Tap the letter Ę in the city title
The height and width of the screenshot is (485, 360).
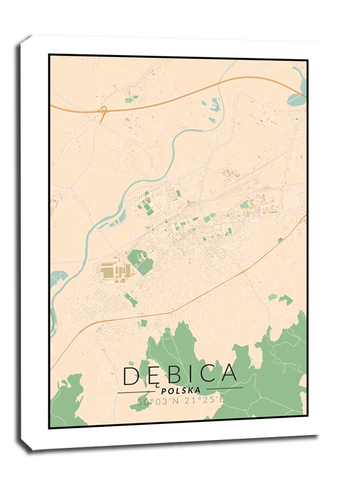[x=154, y=375]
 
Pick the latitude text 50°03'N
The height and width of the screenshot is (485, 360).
[x=155, y=402]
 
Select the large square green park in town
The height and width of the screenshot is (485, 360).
[x=140, y=262]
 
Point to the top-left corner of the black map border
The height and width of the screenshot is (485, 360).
[x=49, y=55]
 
